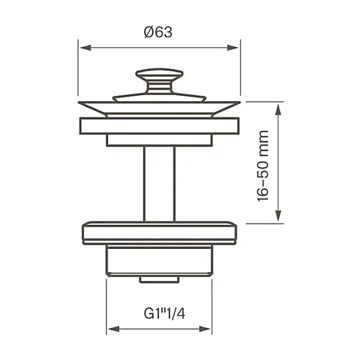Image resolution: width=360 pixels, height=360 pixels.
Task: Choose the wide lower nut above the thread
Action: [x=159, y=234]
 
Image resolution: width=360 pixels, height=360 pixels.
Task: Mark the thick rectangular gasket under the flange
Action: [x=159, y=126]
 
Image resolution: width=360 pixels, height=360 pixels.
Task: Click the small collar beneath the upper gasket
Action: [x=159, y=140]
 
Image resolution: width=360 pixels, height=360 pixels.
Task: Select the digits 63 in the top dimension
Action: [x=164, y=32]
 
